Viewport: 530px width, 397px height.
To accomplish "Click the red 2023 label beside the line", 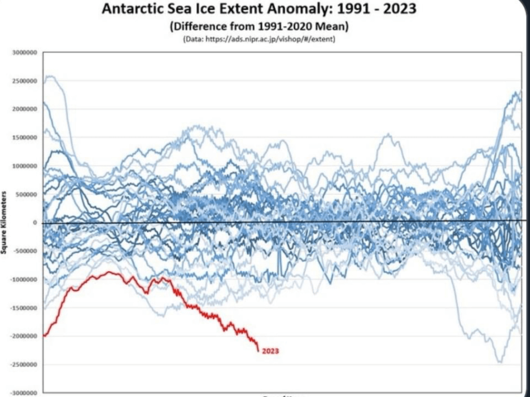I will pyautogui.click(x=270, y=351).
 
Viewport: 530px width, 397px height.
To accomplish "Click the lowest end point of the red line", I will pyautogui.click(x=258, y=351).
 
